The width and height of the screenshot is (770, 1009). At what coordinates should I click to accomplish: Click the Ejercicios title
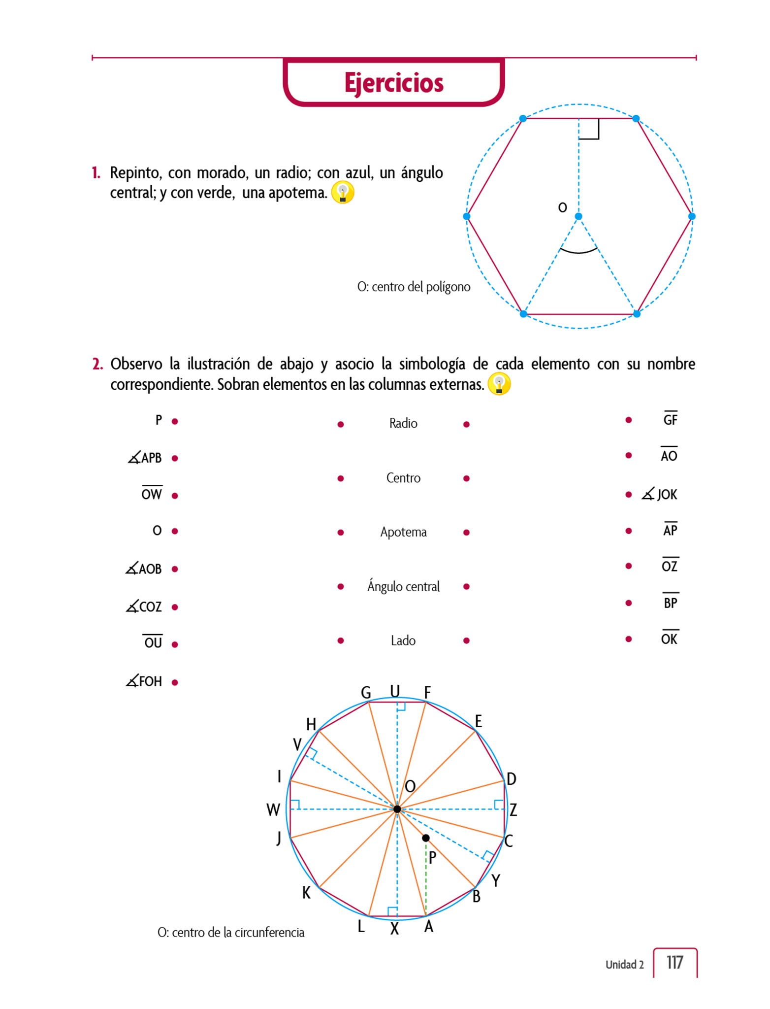click(393, 83)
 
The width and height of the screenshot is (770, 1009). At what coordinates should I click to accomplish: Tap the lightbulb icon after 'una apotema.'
click(343, 193)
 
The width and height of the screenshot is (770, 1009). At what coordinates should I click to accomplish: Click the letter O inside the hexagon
click(562, 207)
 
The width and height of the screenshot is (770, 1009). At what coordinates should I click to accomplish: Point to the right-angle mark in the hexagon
click(589, 129)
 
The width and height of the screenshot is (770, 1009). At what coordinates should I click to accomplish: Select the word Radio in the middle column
click(403, 423)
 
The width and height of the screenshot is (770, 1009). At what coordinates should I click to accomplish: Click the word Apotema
click(403, 532)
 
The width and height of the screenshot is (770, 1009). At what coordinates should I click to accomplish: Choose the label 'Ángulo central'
click(403, 586)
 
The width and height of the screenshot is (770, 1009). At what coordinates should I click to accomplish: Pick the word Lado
click(403, 640)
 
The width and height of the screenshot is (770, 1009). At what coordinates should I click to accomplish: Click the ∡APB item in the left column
click(145, 458)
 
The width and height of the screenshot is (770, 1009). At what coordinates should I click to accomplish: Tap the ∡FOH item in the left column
click(144, 681)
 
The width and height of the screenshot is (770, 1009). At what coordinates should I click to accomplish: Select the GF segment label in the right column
click(670, 419)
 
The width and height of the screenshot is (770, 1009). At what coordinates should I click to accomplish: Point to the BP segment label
click(670, 603)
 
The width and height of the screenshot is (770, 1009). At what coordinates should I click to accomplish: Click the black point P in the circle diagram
click(426, 838)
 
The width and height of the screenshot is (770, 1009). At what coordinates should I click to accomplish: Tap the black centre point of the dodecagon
click(397, 809)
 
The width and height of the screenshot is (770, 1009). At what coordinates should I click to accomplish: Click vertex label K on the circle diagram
click(306, 893)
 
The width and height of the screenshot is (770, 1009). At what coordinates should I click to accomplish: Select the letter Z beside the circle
click(513, 809)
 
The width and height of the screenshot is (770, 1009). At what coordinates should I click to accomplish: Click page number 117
click(674, 962)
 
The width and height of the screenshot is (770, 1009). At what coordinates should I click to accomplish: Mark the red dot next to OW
click(175, 496)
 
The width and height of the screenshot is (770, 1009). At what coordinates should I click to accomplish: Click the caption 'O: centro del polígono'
click(414, 287)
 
